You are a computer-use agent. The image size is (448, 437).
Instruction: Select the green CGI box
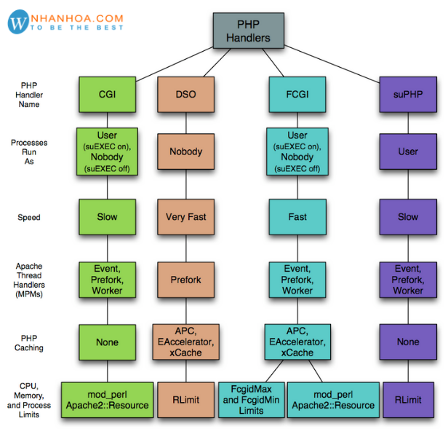click(x=107, y=93)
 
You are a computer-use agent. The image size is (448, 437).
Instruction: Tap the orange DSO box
click(x=185, y=93)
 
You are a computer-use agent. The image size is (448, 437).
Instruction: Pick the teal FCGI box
click(x=297, y=93)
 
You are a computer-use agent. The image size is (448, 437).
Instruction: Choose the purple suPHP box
click(x=408, y=93)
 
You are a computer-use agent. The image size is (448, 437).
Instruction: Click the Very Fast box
click(x=185, y=217)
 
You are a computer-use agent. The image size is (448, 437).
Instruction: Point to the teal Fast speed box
click(x=297, y=217)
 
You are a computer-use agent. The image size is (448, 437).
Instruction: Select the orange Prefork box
click(x=185, y=280)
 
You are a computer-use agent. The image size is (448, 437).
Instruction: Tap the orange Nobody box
click(x=185, y=151)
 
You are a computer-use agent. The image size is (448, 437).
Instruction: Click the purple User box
click(x=408, y=151)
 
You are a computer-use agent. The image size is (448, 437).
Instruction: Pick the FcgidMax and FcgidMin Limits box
click(x=252, y=400)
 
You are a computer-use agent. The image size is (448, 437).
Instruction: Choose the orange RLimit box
click(x=185, y=400)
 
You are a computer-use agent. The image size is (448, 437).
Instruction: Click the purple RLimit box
click(x=408, y=400)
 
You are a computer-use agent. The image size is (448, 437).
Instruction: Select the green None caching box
click(x=107, y=342)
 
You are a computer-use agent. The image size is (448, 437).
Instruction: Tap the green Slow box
click(x=107, y=217)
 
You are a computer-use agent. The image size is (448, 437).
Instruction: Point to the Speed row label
click(x=29, y=218)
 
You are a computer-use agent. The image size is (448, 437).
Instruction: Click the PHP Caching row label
click(x=29, y=342)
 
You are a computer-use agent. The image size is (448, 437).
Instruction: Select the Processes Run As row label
click(x=29, y=152)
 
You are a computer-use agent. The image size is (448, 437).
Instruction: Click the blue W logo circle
click(x=17, y=22)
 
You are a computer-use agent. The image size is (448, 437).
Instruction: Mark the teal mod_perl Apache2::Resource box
click(x=334, y=400)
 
